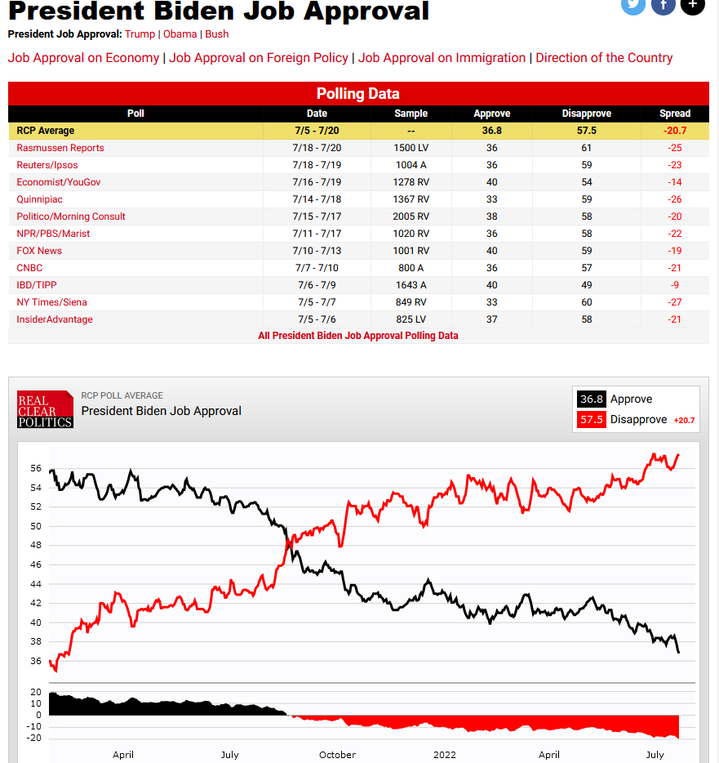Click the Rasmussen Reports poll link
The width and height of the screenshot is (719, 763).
[x=60, y=148]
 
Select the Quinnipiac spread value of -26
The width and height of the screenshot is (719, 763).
[x=674, y=199]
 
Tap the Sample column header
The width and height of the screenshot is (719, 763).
[x=411, y=114]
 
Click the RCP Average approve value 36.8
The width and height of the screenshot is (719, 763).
[x=491, y=131]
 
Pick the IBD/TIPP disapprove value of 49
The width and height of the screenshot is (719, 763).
[x=586, y=285]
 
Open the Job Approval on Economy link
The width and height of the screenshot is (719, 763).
[x=83, y=58]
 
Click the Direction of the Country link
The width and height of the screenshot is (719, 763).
[x=604, y=58]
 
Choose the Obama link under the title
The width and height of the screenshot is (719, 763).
[x=180, y=34]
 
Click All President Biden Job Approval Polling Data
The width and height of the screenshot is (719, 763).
[x=358, y=336]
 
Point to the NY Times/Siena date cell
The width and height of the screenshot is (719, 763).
[x=317, y=302]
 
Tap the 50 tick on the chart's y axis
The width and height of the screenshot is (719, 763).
[x=36, y=526]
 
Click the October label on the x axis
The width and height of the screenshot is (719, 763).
[x=337, y=755]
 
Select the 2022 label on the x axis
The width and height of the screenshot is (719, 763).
[x=445, y=755]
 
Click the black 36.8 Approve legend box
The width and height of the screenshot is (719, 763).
[x=591, y=399]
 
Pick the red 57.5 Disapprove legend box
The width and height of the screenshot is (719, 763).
[x=591, y=420]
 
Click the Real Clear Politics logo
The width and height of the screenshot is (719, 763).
[x=45, y=408]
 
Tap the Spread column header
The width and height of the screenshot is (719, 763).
[x=674, y=114]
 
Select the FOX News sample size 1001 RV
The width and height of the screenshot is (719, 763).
[x=411, y=251]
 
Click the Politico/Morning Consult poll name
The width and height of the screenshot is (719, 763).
[x=71, y=216]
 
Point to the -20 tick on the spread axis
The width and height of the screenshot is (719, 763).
[x=35, y=738]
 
